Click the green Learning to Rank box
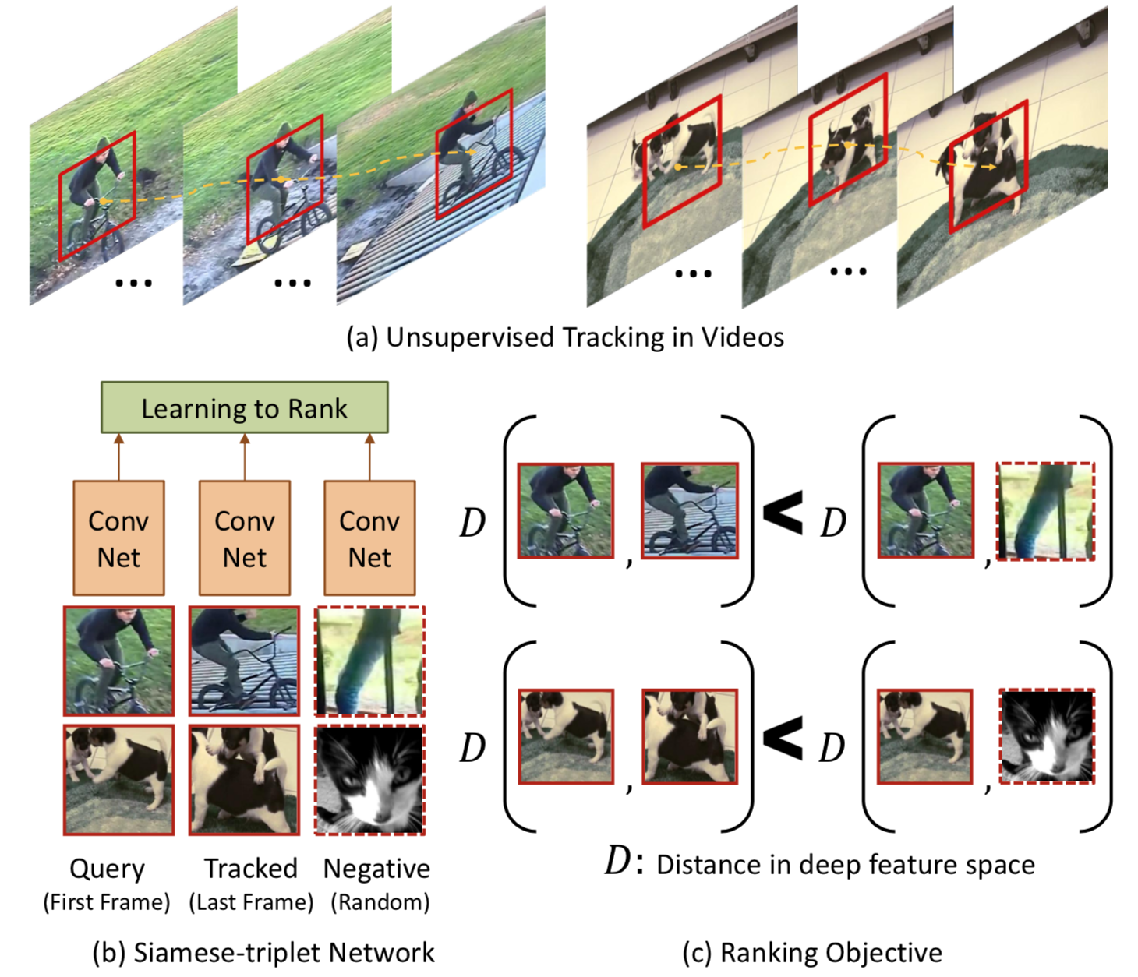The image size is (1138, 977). [x=245, y=407]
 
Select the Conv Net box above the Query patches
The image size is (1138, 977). [x=119, y=538]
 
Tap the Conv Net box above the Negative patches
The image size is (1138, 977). [x=369, y=538]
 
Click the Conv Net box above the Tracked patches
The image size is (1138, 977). [x=245, y=538]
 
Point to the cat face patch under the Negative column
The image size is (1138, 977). [x=369, y=780]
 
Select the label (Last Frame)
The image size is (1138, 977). [x=251, y=903]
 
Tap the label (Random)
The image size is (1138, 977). [x=380, y=903]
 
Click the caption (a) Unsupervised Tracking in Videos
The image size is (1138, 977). [x=565, y=337]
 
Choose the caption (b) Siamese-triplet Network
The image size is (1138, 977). [x=263, y=952]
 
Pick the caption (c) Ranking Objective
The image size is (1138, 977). [x=813, y=952]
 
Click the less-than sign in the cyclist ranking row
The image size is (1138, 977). [x=783, y=513]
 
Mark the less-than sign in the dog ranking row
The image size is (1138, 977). [x=783, y=739]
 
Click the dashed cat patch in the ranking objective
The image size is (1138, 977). [x=1047, y=736]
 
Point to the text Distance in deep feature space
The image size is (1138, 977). [x=846, y=865]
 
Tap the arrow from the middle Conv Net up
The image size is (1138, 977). [x=245, y=457]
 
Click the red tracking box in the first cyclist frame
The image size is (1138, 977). [x=97, y=196]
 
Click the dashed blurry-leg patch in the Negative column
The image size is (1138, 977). [x=369, y=661]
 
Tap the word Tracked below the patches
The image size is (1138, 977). [x=251, y=869]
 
